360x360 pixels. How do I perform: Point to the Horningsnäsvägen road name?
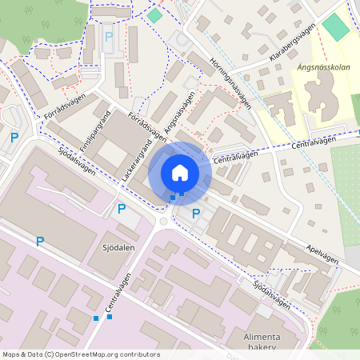coord(233,82)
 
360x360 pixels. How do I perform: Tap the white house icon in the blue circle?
coord(180,172)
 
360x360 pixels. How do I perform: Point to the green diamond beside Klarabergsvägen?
coord(335,26)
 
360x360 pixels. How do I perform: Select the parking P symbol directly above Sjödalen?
coord(122,210)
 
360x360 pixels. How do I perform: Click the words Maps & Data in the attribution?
coord(22,354)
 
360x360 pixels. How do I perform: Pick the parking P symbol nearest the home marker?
coord(196,213)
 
